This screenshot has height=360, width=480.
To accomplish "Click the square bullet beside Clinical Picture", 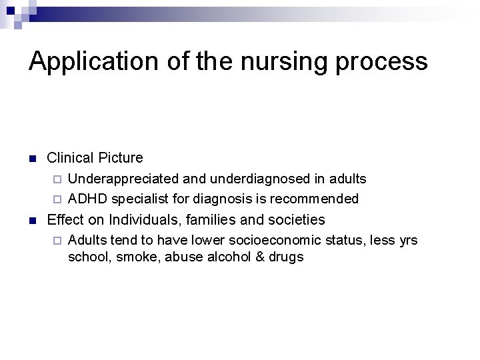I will (x=32, y=159).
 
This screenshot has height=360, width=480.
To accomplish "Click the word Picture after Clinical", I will (x=121, y=158).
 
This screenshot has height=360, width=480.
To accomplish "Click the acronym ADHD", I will (x=88, y=199).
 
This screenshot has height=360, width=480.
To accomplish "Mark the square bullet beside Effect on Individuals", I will (x=32, y=220).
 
